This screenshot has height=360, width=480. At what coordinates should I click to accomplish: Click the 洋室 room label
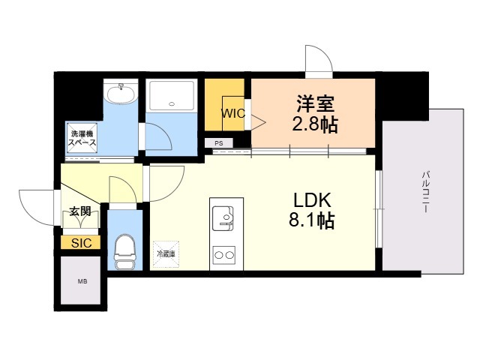point(313,103)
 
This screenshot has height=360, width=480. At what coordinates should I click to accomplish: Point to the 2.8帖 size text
point(313,124)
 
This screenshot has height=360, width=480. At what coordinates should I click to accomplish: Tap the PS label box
point(218,142)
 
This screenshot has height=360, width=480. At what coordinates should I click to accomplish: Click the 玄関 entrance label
point(80,211)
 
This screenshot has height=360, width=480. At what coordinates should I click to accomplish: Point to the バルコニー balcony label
point(424,191)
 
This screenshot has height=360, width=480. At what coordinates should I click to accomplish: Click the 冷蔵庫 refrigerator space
point(165,253)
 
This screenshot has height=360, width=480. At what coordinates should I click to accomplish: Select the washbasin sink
point(120,94)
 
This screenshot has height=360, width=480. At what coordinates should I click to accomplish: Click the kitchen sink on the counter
point(224,218)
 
